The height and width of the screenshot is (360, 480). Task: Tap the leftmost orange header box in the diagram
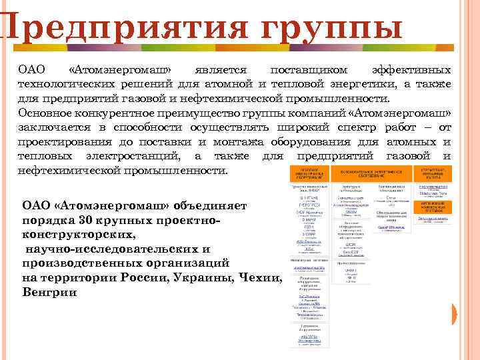click(x=309, y=174)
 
